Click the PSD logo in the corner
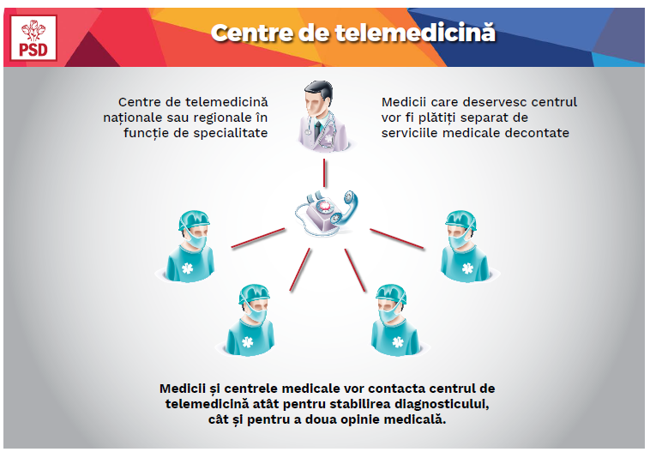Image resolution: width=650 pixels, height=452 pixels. pyautogui.click(x=33, y=38)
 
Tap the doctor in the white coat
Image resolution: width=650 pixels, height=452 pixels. pyautogui.click(x=324, y=115)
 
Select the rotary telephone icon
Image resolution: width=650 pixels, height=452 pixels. pyautogui.click(x=327, y=214)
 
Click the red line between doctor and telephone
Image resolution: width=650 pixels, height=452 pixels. pyautogui.click(x=324, y=173)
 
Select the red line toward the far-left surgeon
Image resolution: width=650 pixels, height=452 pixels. pyautogui.click(x=258, y=238)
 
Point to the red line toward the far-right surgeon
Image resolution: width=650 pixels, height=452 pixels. pyautogui.click(x=397, y=238)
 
